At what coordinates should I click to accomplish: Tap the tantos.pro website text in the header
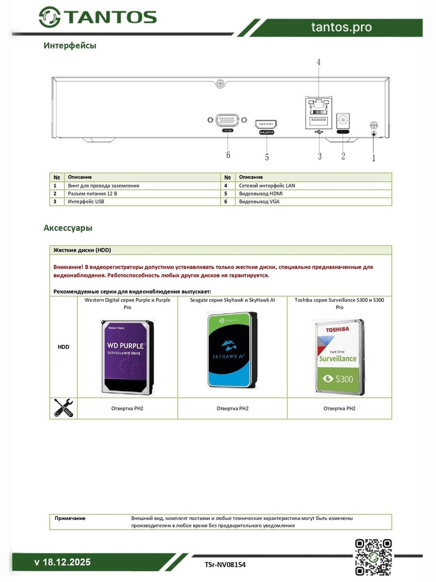342,27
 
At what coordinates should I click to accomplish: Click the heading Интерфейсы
70,46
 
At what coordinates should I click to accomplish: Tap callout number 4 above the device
318,62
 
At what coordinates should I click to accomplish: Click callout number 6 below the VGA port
228,155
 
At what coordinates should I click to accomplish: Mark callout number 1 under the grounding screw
374,157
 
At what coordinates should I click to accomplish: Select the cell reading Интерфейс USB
86,201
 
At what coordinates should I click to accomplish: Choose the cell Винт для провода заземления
103,186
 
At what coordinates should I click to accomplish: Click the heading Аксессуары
68,227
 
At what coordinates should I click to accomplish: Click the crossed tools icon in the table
63,408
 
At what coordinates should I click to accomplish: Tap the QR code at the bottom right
373,557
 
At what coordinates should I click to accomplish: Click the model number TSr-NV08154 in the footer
225,565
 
